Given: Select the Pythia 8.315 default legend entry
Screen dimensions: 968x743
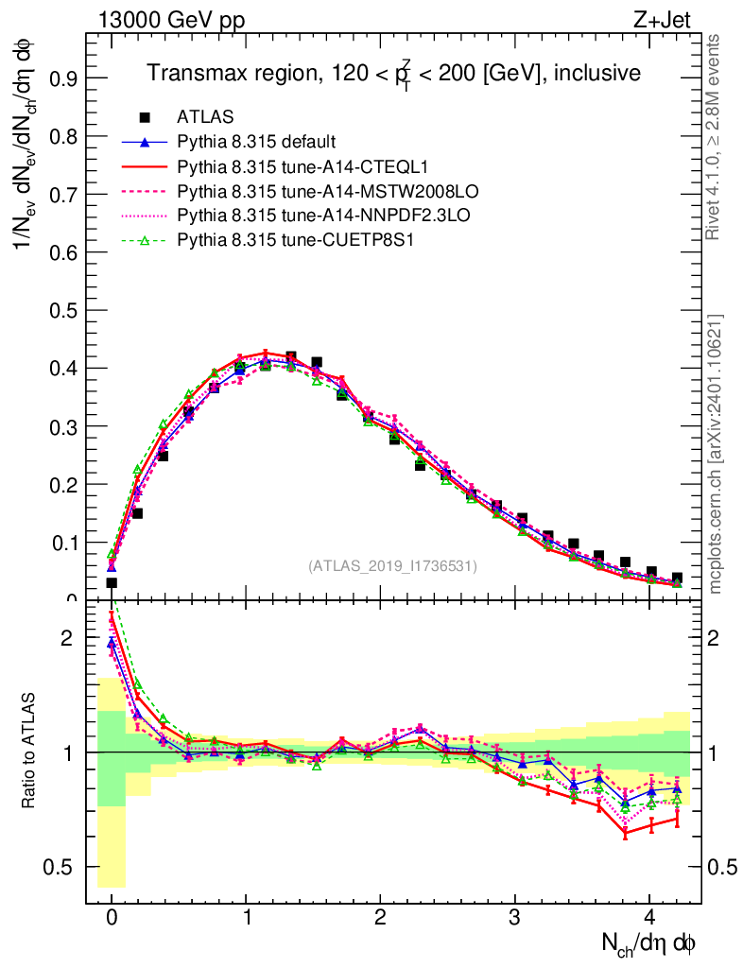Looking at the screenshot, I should (x=256, y=142).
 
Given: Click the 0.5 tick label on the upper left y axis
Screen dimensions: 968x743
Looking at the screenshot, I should (x=66, y=310).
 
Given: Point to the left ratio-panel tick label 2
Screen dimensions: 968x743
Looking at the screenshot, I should (x=66, y=638).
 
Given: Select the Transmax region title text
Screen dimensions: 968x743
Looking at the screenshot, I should (x=393, y=73).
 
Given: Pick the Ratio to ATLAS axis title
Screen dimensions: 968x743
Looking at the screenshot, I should (x=31, y=752).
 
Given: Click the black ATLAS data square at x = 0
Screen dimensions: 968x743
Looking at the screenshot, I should (x=112, y=582).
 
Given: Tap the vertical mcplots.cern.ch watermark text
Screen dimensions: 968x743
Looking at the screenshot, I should (x=716, y=454).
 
